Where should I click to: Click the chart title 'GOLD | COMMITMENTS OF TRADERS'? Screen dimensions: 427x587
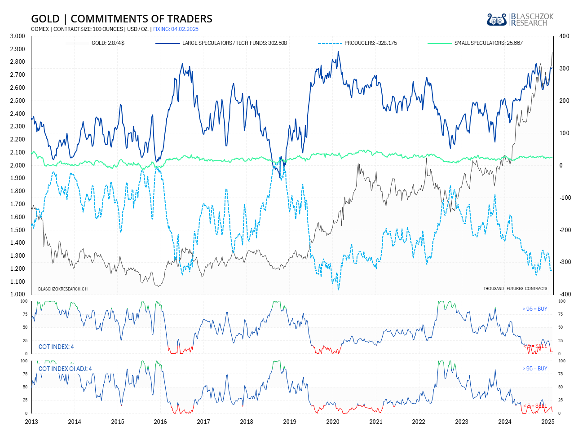click(121, 18)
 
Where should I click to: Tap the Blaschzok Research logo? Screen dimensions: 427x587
click(520, 20)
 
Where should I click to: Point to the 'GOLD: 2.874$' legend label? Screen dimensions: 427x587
click(108, 43)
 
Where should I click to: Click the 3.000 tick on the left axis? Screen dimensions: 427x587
click(18, 36)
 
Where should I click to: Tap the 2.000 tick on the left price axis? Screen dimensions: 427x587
click(18, 165)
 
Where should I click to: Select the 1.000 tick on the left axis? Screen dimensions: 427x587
click(18, 295)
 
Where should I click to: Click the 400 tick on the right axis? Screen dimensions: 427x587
click(564, 36)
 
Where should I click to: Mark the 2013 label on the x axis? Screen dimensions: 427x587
click(31, 422)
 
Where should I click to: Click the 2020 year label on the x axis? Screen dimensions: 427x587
click(332, 422)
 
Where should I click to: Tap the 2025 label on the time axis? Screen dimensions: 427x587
click(547, 422)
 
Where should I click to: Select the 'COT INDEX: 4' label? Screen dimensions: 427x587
click(56, 347)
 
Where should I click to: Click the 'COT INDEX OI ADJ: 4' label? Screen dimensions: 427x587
click(65, 369)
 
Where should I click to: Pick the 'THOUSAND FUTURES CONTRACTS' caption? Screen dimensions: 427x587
click(515, 289)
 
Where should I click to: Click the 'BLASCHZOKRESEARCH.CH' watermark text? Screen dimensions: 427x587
click(63, 289)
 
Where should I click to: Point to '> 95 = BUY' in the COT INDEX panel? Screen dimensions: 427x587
click(534, 309)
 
